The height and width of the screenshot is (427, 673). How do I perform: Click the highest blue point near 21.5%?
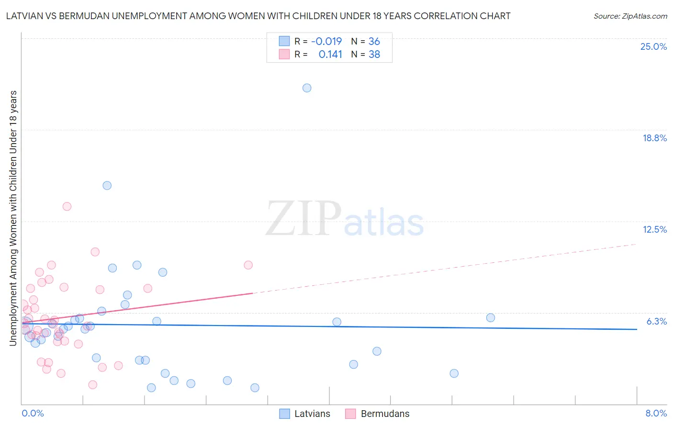pos(307,88)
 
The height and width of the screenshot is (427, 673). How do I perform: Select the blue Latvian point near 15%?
pos(107,185)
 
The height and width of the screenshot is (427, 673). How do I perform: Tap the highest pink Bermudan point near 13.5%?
pos(67,206)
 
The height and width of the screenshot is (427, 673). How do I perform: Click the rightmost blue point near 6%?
pos(491,318)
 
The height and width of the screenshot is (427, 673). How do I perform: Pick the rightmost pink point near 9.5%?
pos(248,265)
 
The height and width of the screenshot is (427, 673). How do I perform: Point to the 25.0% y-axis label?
pos(653,46)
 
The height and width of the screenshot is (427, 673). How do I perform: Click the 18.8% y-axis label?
pos(654,138)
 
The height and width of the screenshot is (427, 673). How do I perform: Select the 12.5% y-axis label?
pos(654,229)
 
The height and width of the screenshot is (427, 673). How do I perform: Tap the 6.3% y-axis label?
pos(656,321)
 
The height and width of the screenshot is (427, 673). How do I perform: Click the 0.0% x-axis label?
pos(33,413)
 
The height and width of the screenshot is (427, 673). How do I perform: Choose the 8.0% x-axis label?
pos(656,413)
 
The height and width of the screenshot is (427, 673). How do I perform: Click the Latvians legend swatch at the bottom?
pos(284,414)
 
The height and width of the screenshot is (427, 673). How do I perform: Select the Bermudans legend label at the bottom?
pos(385,414)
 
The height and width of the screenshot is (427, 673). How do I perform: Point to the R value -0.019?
pos(326,42)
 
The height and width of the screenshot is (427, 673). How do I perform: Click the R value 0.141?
pos(330,55)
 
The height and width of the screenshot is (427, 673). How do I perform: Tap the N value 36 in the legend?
pos(374,42)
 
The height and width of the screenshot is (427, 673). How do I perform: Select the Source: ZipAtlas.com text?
pos(630,16)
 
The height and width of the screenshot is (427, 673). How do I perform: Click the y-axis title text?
pos(13,218)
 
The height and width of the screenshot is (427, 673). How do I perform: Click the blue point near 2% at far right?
pos(454,373)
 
